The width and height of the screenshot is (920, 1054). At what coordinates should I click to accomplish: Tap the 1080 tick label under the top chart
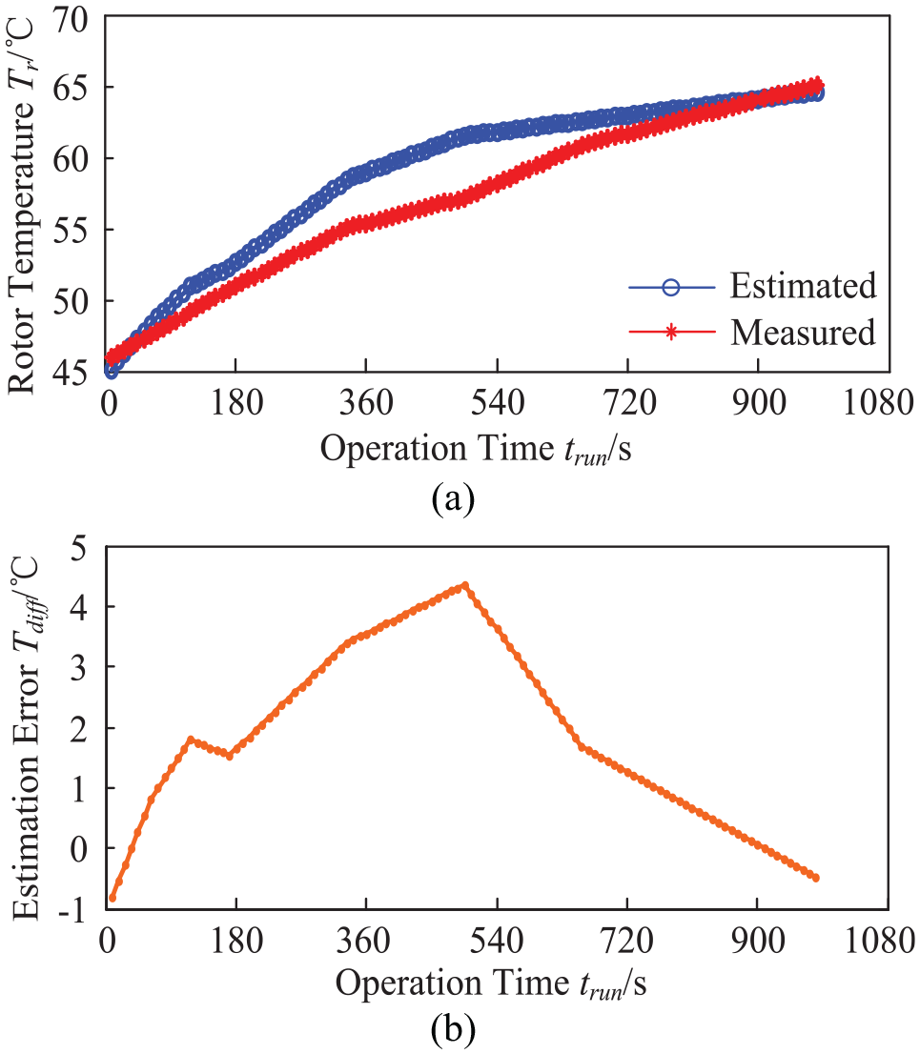877,403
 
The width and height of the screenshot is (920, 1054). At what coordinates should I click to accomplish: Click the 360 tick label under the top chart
366,403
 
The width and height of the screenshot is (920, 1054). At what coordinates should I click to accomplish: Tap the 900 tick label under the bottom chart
758,941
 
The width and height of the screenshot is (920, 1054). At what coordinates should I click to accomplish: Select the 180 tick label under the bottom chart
236,941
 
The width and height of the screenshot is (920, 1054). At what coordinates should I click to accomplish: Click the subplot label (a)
453,498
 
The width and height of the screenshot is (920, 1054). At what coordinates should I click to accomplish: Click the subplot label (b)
453,1027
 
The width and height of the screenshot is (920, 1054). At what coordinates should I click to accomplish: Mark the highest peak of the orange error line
464,585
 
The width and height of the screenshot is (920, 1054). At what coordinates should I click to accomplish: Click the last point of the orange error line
816,878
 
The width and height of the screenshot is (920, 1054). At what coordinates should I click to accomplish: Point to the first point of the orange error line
112,898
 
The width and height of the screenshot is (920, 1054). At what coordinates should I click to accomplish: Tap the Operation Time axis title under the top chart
476,449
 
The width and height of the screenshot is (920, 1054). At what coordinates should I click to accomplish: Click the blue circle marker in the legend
670,287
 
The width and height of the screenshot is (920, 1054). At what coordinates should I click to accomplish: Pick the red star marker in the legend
670,332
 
